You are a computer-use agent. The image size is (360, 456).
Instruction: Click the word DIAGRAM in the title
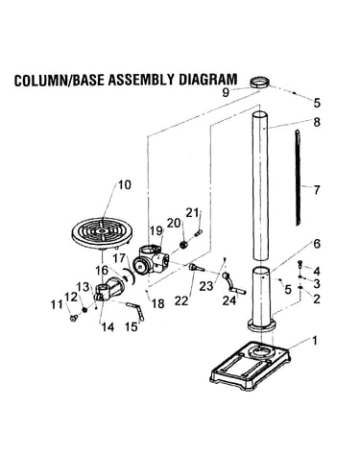click(x=207, y=80)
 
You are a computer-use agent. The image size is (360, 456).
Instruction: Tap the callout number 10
click(x=125, y=184)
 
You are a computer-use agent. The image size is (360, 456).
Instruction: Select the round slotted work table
click(x=102, y=233)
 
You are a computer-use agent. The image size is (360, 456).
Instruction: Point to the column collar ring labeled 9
click(x=259, y=83)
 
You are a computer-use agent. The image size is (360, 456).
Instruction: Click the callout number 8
click(x=317, y=122)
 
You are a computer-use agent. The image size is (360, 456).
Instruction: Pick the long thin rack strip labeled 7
click(x=299, y=178)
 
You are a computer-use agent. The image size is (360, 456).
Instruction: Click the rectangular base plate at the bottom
click(x=251, y=365)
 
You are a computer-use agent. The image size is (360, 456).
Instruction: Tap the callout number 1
click(x=315, y=341)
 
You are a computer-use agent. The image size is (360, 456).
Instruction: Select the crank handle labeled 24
click(x=233, y=283)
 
